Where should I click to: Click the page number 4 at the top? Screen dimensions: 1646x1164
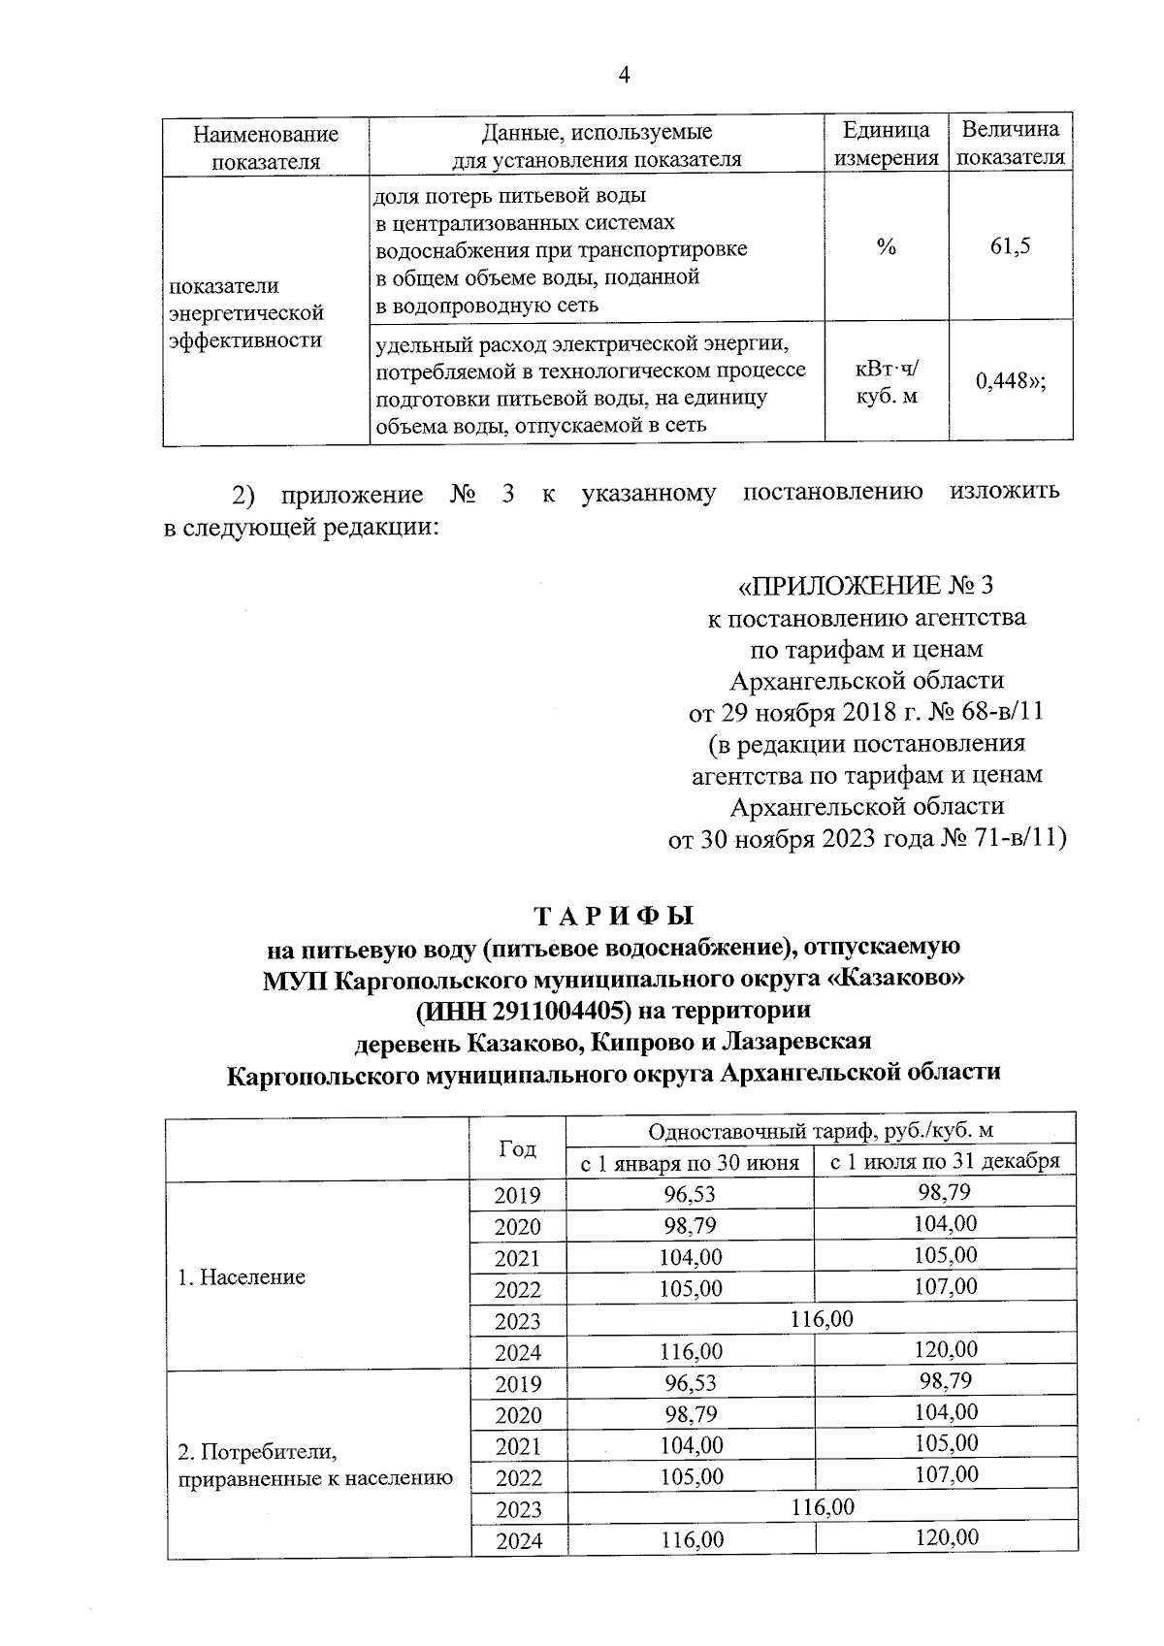[x=624, y=76]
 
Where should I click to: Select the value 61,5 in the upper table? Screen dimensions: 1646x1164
[x=1011, y=245]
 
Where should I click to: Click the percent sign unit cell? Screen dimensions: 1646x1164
[x=886, y=246]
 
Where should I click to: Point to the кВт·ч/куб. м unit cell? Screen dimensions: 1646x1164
[x=887, y=382]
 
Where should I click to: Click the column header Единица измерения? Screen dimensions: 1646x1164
[x=887, y=145]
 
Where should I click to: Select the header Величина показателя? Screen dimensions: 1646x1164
[x=1011, y=144]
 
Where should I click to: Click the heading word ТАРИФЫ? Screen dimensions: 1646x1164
[x=614, y=916]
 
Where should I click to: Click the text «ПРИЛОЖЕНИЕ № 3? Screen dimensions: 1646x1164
[x=866, y=586]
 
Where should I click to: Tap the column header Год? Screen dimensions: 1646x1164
[x=518, y=1148]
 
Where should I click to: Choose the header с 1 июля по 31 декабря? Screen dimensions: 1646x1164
[x=945, y=1162]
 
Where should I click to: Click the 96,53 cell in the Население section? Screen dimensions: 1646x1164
[x=691, y=1195]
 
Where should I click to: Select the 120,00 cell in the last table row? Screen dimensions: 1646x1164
[x=946, y=1536]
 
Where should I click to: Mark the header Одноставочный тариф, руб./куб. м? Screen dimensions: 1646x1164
[x=821, y=1131]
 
